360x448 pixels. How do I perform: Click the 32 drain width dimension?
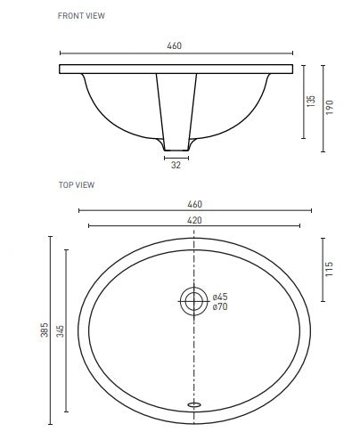pyautogui.click(x=176, y=164)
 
